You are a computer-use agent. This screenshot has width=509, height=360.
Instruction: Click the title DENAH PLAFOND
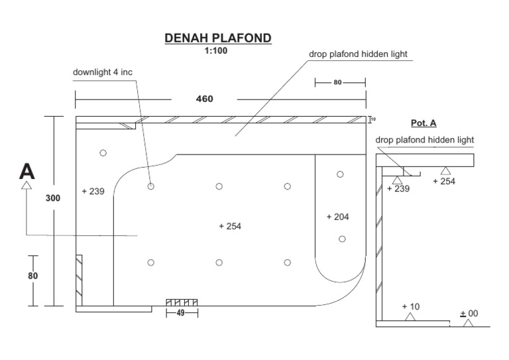(x=217, y=38)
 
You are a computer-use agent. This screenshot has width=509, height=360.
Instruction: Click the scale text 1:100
(x=217, y=50)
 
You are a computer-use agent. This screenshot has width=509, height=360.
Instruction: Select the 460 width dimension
(x=204, y=99)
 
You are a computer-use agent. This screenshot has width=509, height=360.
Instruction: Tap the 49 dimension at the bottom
(x=180, y=313)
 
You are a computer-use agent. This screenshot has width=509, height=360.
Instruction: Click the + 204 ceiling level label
(x=338, y=217)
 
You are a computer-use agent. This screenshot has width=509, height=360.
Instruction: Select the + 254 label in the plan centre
(x=230, y=226)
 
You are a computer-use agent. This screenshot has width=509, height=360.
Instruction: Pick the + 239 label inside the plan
(x=93, y=192)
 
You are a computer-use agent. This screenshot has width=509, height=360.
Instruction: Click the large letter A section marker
(x=27, y=171)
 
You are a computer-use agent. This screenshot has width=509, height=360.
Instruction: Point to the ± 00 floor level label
(x=469, y=314)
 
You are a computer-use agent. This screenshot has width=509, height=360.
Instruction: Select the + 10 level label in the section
(x=412, y=307)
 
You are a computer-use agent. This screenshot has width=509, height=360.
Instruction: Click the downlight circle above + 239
(x=103, y=153)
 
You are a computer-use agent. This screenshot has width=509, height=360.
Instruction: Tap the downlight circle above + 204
(x=340, y=174)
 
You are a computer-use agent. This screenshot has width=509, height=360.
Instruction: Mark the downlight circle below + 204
(x=342, y=239)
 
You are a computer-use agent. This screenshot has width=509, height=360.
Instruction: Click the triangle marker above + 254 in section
(x=444, y=171)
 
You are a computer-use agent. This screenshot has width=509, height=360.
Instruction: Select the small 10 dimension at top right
(x=373, y=120)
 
